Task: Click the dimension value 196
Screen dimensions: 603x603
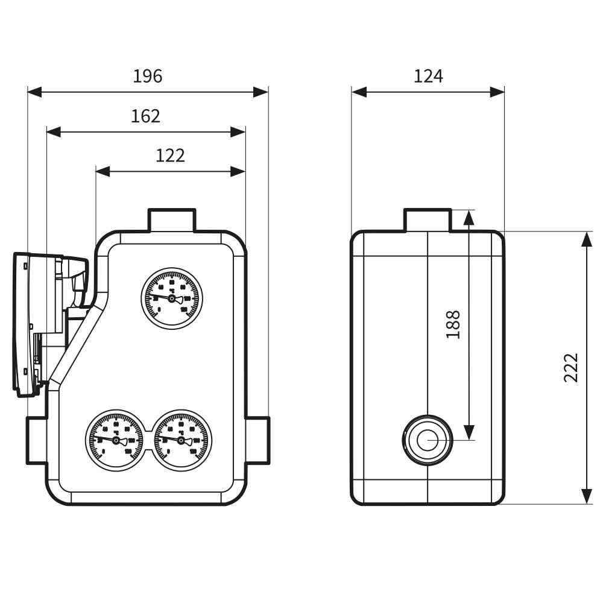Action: [x=148, y=77]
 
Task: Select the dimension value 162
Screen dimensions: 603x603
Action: [x=145, y=116]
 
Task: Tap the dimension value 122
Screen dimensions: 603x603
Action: [x=170, y=156]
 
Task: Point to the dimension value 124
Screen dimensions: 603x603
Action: [x=428, y=77]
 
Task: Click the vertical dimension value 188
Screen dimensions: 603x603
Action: [x=453, y=324]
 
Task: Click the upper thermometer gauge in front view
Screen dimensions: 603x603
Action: [x=172, y=298]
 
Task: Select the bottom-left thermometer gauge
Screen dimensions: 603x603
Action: [x=116, y=440]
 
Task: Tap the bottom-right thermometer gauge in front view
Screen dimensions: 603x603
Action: [x=181, y=440]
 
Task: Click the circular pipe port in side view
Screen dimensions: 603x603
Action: [x=428, y=440]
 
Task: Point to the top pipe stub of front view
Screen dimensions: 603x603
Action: [x=172, y=220]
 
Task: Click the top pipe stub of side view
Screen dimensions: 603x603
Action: [x=428, y=220]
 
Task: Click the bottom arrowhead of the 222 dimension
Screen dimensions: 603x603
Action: [x=586, y=496]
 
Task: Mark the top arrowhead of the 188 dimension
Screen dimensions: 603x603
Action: [x=469, y=218]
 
